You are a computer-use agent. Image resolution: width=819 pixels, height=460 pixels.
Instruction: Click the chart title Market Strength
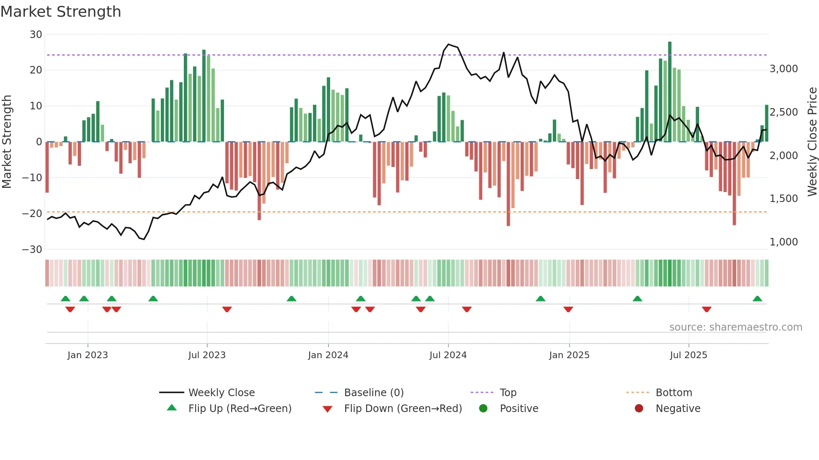[61, 12]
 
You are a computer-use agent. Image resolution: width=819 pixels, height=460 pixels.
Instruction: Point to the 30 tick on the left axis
[36, 35]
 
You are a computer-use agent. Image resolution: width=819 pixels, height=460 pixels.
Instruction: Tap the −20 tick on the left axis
[32, 214]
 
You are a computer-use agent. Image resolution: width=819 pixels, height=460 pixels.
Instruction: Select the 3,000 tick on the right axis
[783, 69]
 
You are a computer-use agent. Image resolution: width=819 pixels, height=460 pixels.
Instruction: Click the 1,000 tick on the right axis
[783, 242]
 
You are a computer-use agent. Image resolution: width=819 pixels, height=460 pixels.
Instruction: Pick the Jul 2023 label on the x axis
[207, 355]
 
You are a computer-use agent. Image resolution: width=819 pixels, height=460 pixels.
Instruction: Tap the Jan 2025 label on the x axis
[569, 355]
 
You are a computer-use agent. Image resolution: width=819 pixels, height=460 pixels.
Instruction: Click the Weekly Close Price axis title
[812, 142]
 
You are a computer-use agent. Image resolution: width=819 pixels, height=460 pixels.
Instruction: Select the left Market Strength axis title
[7, 142]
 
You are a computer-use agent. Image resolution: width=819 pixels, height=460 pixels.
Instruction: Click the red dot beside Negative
[639, 409]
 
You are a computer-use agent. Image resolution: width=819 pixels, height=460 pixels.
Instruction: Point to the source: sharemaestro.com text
[735, 327]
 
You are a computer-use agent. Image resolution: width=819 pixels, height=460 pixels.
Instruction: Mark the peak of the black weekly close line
[448, 44]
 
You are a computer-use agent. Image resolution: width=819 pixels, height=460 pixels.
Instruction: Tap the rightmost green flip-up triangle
[757, 299]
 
